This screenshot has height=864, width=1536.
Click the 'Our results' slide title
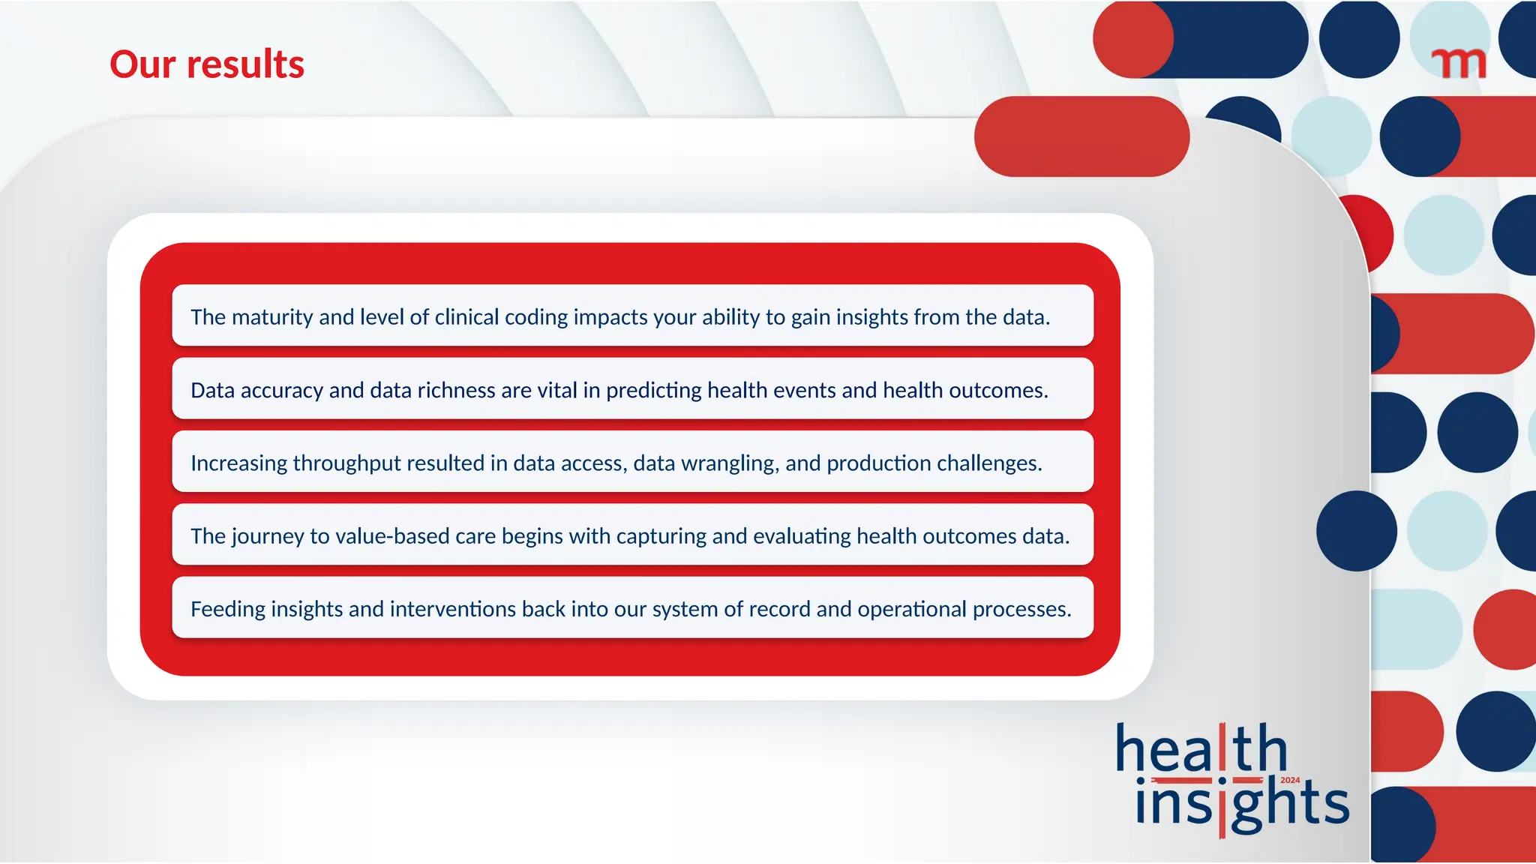point(207,64)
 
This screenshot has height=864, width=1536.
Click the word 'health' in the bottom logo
point(1200,748)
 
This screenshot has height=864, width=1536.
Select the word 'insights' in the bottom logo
point(1241,804)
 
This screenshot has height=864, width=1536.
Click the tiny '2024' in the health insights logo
point(1290,781)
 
